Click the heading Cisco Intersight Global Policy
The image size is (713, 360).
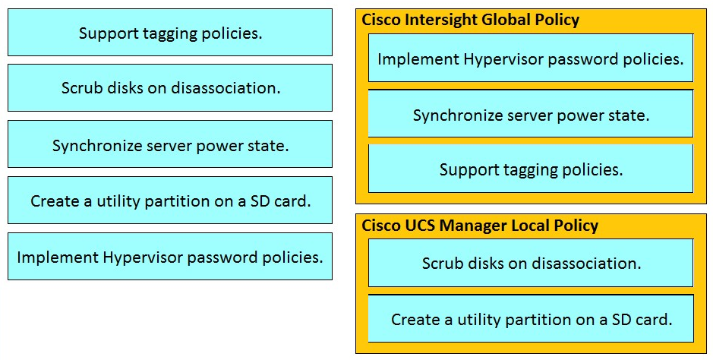tap(470, 20)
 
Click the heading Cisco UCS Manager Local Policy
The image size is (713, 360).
tap(480, 226)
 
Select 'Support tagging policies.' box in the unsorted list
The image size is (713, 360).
tap(170, 33)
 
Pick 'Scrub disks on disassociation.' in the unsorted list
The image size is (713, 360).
tap(170, 88)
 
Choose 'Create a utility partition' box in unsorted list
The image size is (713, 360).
tap(170, 201)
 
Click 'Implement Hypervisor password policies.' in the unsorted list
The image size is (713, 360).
tap(170, 257)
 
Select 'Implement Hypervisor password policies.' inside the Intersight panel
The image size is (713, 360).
tap(531, 58)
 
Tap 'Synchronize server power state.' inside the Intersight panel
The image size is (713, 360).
tap(531, 115)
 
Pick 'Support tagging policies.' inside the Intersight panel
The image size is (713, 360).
tap(531, 169)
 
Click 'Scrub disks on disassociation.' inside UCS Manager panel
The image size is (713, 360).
tap(531, 264)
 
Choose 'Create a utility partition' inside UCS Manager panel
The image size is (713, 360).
tap(531, 319)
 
